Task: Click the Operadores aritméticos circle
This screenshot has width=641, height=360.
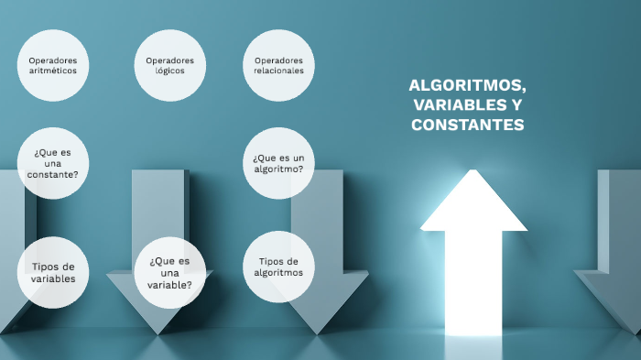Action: pyautogui.click(x=53, y=65)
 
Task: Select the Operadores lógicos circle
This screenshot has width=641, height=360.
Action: pyautogui.click(x=170, y=65)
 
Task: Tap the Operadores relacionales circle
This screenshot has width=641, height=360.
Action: pyautogui.click(x=278, y=65)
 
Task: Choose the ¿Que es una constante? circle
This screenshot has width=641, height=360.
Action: pyautogui.click(x=53, y=163)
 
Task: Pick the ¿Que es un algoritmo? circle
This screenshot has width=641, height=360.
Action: pyautogui.click(x=278, y=163)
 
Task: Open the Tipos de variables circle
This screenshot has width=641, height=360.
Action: pyautogui.click(x=53, y=272)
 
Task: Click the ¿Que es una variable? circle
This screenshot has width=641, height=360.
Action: pyautogui.click(x=169, y=272)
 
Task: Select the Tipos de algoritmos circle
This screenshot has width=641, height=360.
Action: pyautogui.click(x=278, y=267)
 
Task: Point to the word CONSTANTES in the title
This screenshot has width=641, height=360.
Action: pyautogui.click(x=467, y=125)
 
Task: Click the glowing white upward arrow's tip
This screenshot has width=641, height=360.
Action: pyautogui.click(x=473, y=174)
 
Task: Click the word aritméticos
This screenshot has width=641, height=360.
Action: pyautogui.click(x=53, y=71)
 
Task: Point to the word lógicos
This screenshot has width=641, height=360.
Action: pyautogui.click(x=170, y=71)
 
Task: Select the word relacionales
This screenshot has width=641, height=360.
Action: pyautogui.click(x=278, y=71)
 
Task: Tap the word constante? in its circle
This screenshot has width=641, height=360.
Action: pyautogui.click(x=53, y=174)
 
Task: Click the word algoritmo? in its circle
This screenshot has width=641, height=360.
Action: pyautogui.click(x=278, y=169)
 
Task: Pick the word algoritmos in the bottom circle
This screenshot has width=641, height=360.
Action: pyautogui.click(x=278, y=272)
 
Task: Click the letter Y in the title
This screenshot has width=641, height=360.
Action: pyautogui.click(x=518, y=105)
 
